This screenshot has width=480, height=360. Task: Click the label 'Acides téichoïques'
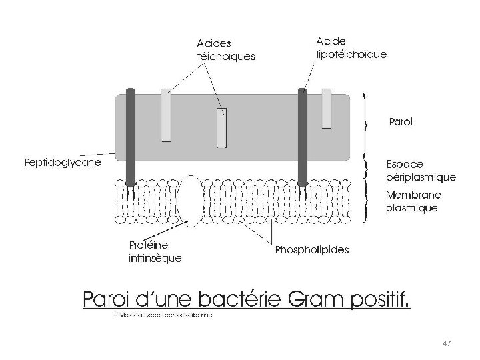click(225, 50)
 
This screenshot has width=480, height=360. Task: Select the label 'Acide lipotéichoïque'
click(349, 47)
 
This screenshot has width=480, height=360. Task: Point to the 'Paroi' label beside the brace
click(400, 123)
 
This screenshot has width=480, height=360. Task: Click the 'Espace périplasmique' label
click(421, 171)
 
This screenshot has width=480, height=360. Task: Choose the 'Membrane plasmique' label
click(413, 201)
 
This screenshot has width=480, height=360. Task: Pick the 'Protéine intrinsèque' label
click(154, 252)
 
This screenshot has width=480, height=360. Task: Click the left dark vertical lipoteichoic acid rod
click(131, 137)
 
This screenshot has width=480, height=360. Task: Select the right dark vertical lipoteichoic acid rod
click(302, 137)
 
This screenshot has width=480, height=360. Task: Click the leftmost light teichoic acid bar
click(166, 115)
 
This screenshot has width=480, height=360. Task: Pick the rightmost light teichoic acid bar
click(327, 108)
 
